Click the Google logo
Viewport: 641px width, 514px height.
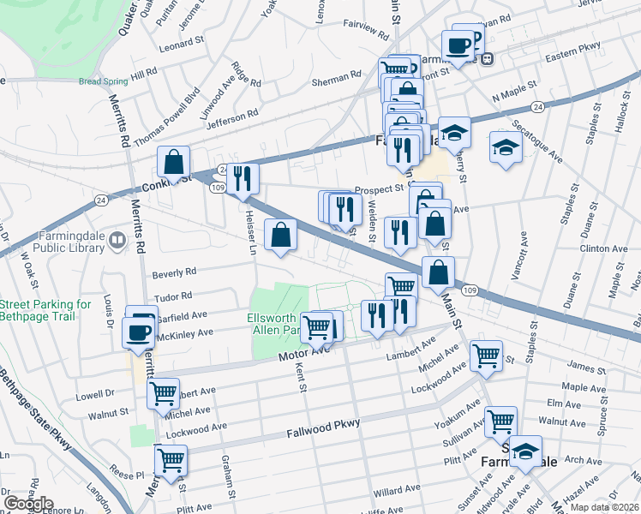[x=28, y=503]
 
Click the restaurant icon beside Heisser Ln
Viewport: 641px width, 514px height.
[x=242, y=177]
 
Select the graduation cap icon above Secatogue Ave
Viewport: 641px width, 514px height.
[x=506, y=146]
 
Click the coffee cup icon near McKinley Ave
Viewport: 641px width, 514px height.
[x=138, y=332]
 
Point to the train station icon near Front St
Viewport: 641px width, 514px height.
[x=487, y=58]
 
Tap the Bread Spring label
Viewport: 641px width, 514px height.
[x=103, y=82]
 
